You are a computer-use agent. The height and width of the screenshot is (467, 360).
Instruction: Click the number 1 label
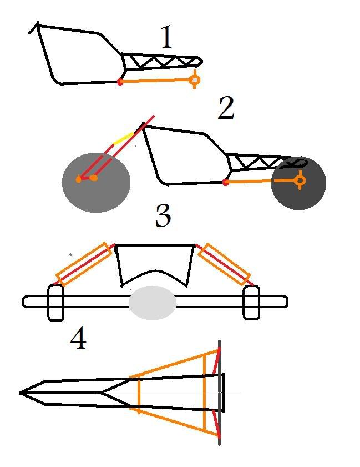click(167, 37)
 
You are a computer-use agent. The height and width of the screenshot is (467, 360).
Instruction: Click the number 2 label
click(226, 108)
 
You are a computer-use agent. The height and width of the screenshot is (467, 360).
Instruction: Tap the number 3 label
click(163, 215)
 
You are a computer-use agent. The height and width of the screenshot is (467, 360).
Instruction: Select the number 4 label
click(78, 339)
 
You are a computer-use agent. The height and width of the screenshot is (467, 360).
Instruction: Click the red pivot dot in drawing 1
click(120, 82)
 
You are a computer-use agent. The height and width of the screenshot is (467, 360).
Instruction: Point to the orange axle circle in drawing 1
click(195, 80)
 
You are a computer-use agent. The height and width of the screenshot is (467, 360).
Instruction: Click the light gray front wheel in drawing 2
click(96, 182)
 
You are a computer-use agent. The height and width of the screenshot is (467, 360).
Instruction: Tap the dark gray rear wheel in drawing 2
click(299, 183)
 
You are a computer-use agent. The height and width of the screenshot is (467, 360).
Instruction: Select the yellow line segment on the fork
click(123, 138)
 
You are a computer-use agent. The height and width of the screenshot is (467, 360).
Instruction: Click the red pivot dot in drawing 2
click(226, 182)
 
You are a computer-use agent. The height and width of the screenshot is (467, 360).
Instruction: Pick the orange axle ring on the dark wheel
click(300, 180)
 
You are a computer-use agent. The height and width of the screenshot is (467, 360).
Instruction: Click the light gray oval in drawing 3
click(153, 303)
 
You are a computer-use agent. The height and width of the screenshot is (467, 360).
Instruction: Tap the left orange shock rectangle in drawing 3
click(84, 264)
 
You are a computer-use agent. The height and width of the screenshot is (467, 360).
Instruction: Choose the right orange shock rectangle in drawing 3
click(224, 264)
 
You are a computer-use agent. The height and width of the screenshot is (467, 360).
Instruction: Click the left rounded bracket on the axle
click(56, 303)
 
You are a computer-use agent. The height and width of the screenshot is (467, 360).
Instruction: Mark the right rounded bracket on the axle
click(251, 303)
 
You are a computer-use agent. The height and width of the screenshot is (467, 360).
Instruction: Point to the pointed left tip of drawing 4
click(20, 393)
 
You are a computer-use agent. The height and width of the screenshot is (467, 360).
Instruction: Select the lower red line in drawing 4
click(216, 424)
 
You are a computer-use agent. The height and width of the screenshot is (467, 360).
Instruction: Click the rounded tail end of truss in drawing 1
click(200, 61)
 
